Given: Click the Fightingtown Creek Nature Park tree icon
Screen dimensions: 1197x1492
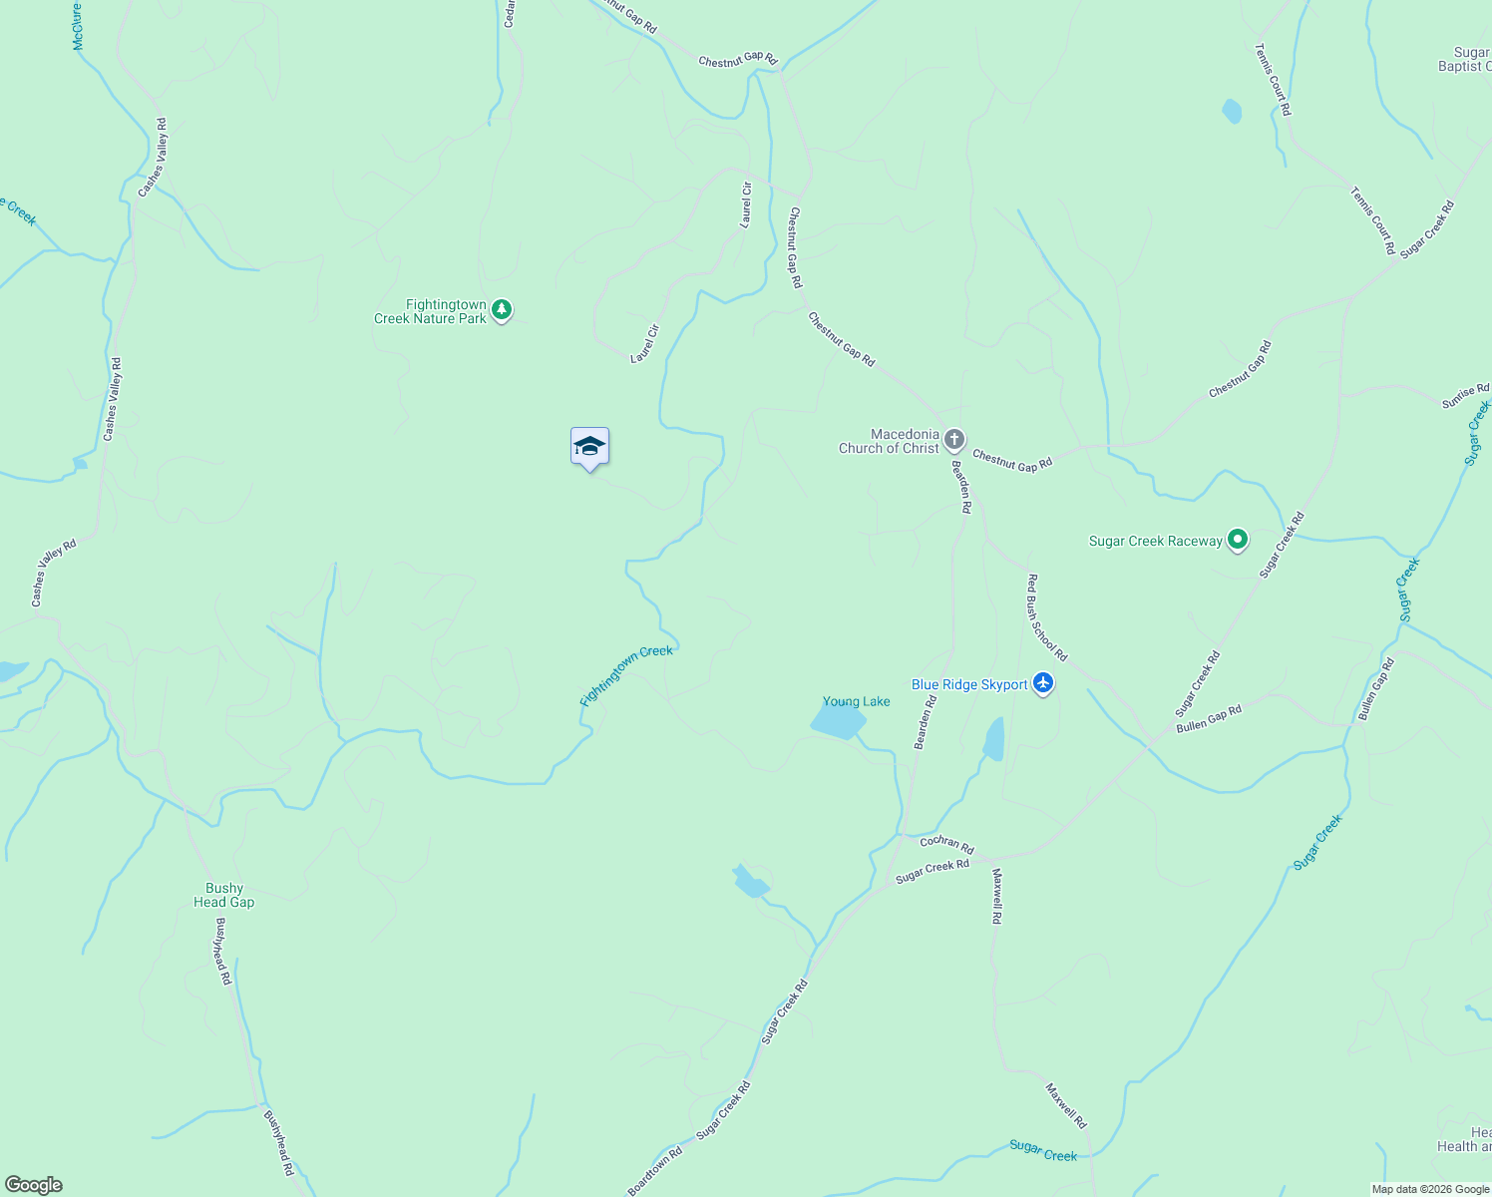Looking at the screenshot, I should [502, 310].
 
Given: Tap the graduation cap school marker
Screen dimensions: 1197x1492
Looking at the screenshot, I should [589, 447].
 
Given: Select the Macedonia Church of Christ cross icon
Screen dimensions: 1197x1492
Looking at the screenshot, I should [954, 440].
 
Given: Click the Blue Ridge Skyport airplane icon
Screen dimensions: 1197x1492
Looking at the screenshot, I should [1043, 683].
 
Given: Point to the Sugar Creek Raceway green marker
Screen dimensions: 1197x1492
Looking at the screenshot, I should [1238, 540].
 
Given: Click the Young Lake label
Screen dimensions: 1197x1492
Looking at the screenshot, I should [856, 701].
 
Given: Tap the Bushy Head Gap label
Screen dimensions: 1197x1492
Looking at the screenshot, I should [223, 895].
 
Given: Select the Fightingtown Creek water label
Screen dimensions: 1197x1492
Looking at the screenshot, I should [626, 675].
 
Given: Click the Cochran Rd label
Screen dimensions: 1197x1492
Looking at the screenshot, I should [946, 843].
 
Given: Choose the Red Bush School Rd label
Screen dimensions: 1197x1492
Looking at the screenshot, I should [1047, 617].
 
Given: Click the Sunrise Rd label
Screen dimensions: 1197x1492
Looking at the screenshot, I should [1465, 396].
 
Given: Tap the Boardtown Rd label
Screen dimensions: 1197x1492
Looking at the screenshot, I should [655, 1170].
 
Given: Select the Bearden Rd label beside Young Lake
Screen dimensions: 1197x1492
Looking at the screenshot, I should [926, 722].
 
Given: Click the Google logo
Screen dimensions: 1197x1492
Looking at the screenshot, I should [33, 1185].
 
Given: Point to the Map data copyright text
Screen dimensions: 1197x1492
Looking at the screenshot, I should [1429, 1189].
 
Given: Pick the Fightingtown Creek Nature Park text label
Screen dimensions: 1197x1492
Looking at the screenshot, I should [431, 311].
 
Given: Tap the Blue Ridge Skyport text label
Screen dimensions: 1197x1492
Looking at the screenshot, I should [969, 684].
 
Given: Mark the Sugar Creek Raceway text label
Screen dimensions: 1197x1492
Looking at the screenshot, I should [1155, 541].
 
